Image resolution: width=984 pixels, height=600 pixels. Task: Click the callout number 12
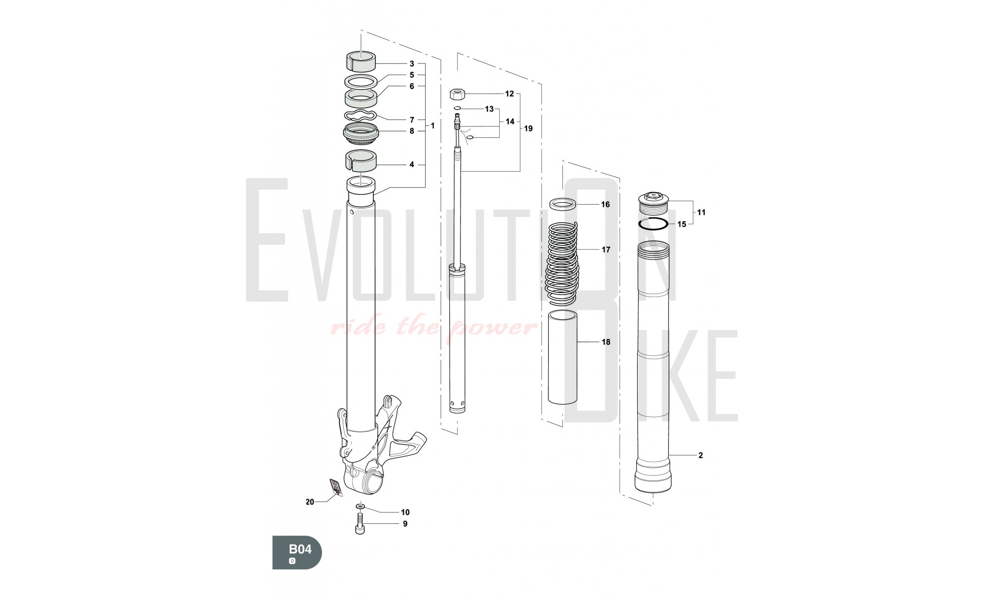(x=509, y=93)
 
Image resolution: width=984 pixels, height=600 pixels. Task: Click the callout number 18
(x=606, y=342)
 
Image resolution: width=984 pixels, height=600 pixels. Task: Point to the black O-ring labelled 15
(x=652, y=224)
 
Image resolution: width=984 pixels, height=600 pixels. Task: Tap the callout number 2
(x=701, y=455)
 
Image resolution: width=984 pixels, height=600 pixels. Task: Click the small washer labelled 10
(x=360, y=506)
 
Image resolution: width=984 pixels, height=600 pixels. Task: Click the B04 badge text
(x=300, y=549)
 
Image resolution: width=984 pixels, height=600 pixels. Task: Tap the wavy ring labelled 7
(x=360, y=116)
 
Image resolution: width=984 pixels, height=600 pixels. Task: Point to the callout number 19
(x=528, y=128)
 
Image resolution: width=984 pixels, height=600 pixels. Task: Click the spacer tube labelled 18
(x=562, y=357)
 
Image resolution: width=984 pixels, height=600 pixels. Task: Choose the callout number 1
(x=432, y=126)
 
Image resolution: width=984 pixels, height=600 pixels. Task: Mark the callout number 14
(x=510, y=121)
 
